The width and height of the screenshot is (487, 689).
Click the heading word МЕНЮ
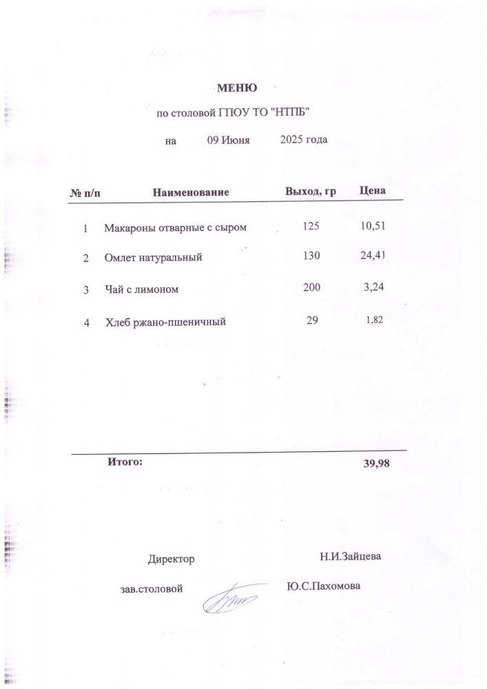click(x=237, y=88)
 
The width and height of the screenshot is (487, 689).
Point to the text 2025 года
click(x=304, y=140)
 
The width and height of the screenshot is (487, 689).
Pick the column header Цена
click(x=373, y=190)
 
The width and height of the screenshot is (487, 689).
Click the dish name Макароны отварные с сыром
click(x=175, y=227)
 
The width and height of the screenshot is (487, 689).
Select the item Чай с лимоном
click(x=141, y=290)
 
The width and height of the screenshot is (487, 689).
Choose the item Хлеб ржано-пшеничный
click(x=166, y=321)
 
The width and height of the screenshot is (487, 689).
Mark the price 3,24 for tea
click(x=373, y=288)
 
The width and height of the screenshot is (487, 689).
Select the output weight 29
click(x=312, y=320)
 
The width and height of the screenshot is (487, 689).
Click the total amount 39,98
click(x=376, y=464)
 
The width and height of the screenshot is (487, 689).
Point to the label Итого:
click(x=125, y=462)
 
